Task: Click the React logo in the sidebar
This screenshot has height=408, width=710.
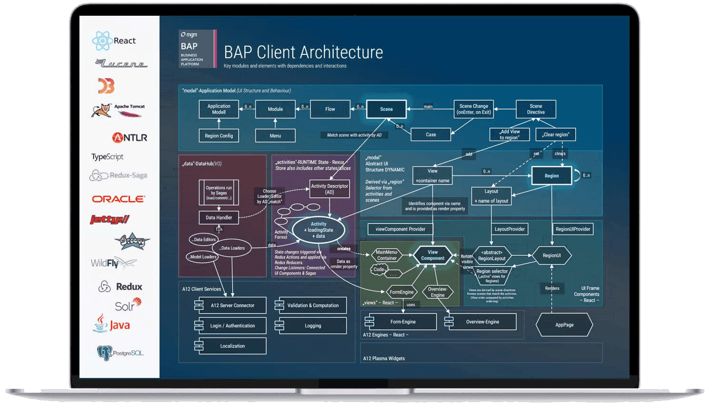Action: coord(114,41)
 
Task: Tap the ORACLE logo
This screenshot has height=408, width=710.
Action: coord(119,199)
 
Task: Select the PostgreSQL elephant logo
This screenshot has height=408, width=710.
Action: coord(120,353)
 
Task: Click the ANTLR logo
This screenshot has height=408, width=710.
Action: coord(130,138)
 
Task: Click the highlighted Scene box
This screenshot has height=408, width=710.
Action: coord(386,109)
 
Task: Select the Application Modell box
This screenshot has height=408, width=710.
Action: coord(219,109)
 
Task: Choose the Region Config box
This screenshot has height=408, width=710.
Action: coord(219,136)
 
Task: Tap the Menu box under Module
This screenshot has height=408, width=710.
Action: coord(275,136)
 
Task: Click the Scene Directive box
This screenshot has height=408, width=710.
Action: coord(536,109)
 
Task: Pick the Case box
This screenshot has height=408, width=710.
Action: coord(430,135)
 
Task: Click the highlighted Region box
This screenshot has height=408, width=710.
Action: coord(551,176)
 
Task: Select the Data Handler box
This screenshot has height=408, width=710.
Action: coord(219,218)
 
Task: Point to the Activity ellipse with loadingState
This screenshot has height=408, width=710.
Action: coord(319,230)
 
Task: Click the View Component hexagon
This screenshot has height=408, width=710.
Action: coord(432,255)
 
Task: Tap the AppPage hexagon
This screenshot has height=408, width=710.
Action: coord(564,325)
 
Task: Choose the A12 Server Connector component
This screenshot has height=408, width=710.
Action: coord(232,306)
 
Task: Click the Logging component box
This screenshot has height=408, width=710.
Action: coord(312,326)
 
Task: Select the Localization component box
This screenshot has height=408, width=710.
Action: coord(232,346)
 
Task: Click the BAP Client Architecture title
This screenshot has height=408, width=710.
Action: coord(303,52)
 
